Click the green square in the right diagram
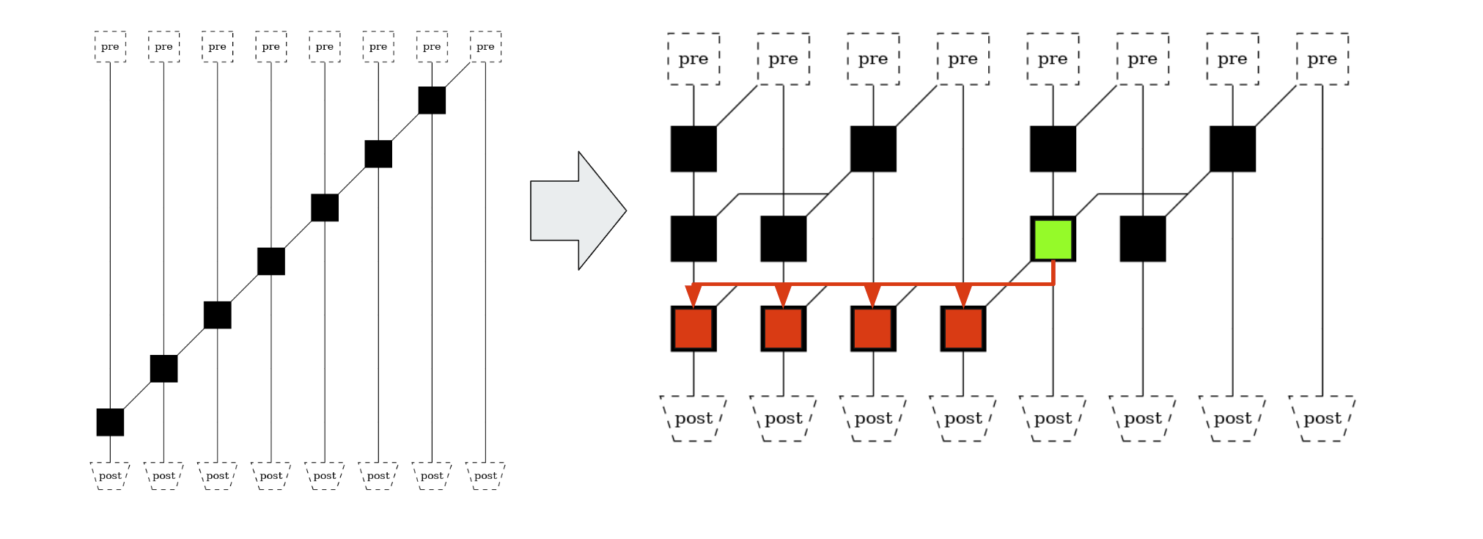(1053, 239)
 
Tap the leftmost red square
(693, 329)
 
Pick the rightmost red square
(963, 329)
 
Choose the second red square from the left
(783, 329)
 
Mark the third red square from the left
(873, 329)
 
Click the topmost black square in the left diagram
(432, 100)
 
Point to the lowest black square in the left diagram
(110, 422)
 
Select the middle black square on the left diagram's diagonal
(271, 262)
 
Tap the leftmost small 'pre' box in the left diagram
(110, 47)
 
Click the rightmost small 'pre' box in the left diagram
(485, 47)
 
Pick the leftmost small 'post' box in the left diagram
(110, 476)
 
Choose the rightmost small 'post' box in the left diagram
(485, 476)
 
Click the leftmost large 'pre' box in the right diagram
(693, 59)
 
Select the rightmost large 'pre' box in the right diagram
(1322, 59)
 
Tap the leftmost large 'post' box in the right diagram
(693, 419)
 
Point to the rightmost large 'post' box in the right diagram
(1322, 419)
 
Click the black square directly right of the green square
(1142, 239)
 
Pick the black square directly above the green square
(1053, 149)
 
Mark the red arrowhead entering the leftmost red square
(693, 296)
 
